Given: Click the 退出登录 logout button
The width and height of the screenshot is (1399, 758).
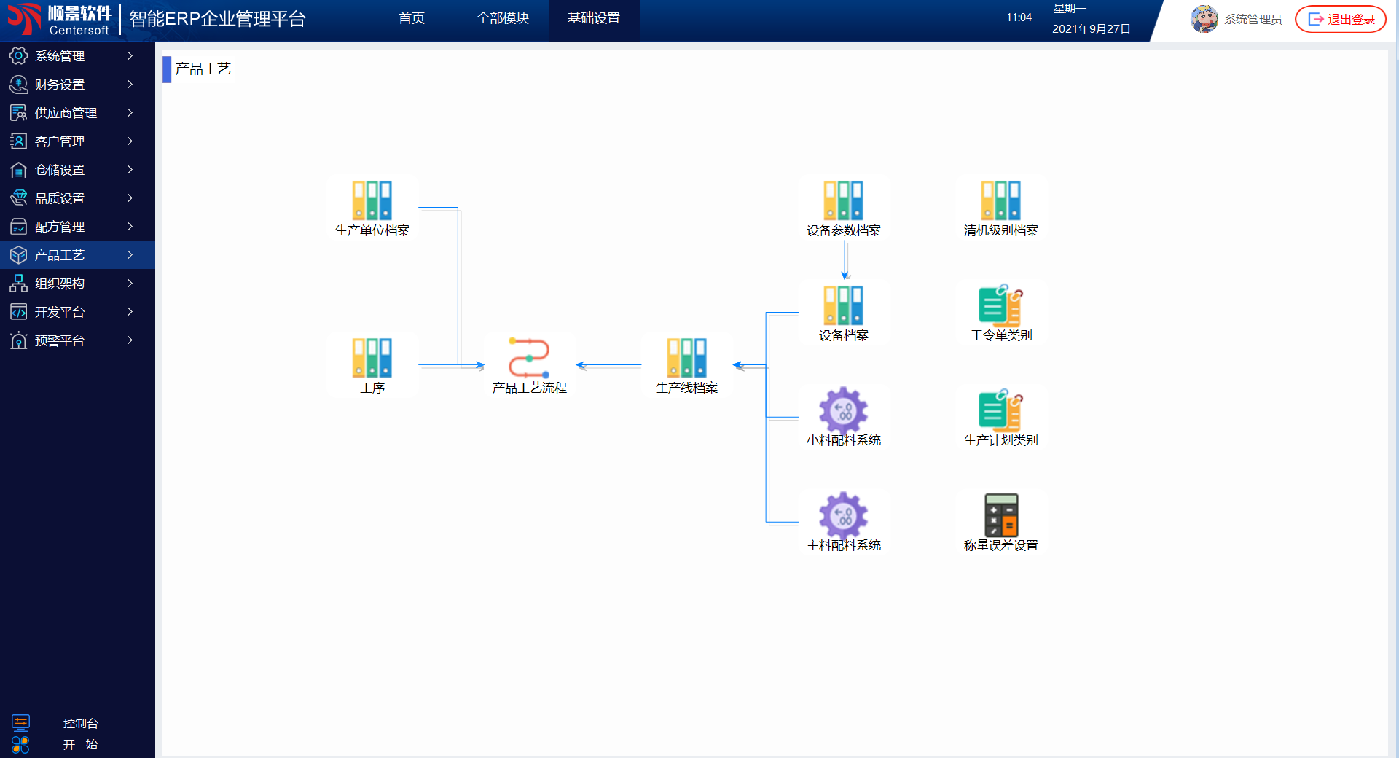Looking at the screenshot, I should (1341, 19).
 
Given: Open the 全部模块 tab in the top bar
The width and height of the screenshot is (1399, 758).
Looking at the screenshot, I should (502, 18).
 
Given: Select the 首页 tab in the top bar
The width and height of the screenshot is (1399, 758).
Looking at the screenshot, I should (412, 18).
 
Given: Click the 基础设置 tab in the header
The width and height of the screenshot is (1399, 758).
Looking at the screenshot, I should (594, 18).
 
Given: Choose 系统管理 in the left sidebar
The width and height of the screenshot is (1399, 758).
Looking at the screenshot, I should (60, 56).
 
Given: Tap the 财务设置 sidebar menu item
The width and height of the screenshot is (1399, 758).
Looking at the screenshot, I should (60, 85).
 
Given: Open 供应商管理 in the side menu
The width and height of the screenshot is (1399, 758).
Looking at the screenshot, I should (66, 113).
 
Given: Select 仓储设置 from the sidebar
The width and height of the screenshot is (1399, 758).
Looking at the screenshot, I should (60, 170).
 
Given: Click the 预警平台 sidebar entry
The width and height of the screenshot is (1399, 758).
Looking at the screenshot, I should (60, 340).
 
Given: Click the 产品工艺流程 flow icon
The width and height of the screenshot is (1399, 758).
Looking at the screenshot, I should (530, 357).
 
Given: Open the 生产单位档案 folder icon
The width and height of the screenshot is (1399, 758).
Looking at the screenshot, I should (372, 200).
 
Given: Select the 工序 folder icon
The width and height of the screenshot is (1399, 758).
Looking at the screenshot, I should (372, 357).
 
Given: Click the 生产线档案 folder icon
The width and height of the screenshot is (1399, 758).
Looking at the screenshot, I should (687, 357).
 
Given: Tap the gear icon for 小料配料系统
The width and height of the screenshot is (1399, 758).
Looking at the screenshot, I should (844, 410).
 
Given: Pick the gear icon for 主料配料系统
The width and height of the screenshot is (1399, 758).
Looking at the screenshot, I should (844, 515).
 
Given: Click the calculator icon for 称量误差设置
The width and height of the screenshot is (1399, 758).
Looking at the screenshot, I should (1001, 515).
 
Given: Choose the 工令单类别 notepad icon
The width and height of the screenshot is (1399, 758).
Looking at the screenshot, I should (1001, 305).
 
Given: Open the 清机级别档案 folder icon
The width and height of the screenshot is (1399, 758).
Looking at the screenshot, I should (1001, 200).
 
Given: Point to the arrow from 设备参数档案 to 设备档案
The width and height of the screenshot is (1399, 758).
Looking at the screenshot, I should (845, 259).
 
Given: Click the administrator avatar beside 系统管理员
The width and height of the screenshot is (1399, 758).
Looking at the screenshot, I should (1204, 19).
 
